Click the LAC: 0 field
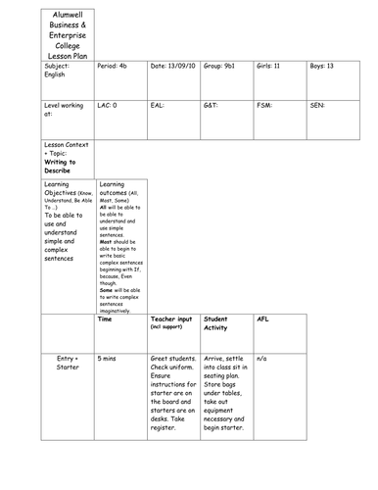[113, 103]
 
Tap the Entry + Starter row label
[68, 366]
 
